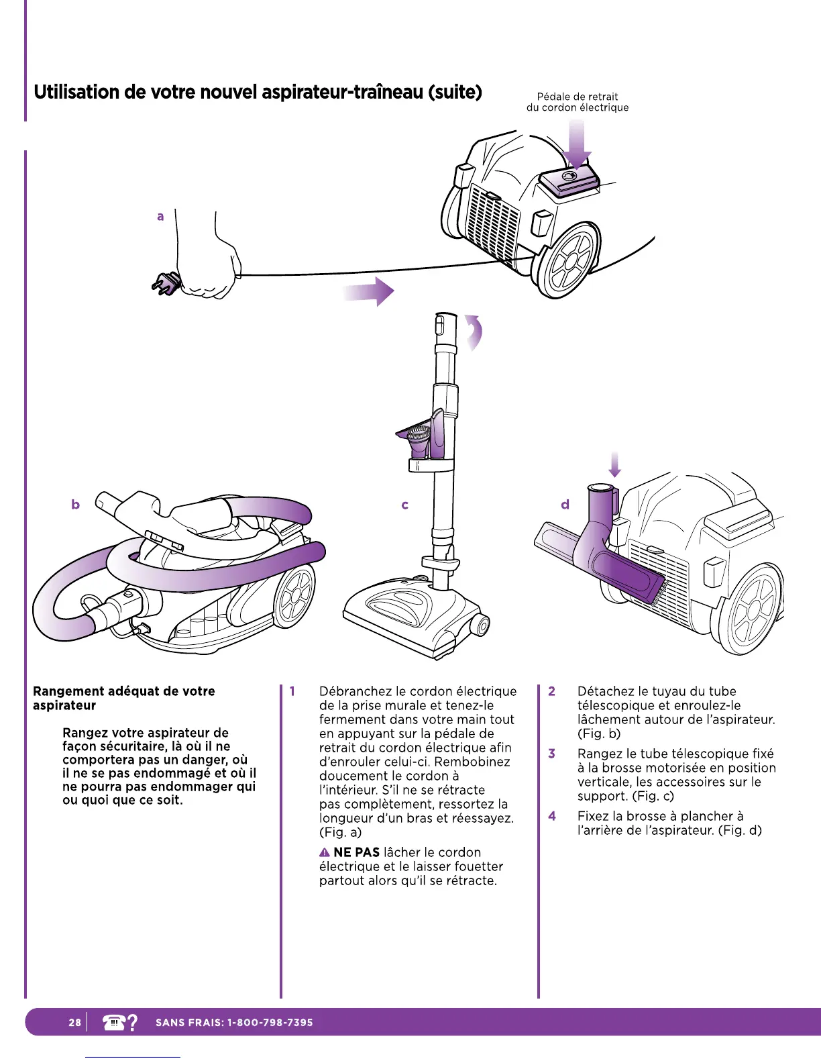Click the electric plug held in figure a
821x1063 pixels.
pyautogui.click(x=166, y=284)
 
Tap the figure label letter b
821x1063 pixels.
pyautogui.click(x=75, y=504)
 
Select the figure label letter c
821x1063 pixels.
pyautogui.click(x=404, y=505)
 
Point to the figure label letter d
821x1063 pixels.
pyautogui.click(x=565, y=504)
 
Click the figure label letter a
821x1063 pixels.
pyautogui.click(x=160, y=216)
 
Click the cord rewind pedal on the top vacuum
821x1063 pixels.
pyautogui.click(x=569, y=179)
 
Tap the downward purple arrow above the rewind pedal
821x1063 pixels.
pyautogui.click(x=576, y=143)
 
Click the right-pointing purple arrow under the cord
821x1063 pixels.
pyautogui.click(x=370, y=291)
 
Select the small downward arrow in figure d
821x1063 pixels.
pyautogui.click(x=614, y=463)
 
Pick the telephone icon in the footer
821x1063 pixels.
pyautogui.click(x=114, y=1022)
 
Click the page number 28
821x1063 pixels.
pyautogui.click(x=74, y=1023)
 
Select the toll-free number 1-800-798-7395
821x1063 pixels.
pyautogui.click(x=270, y=1023)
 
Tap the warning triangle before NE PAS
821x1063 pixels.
pyautogui.click(x=325, y=853)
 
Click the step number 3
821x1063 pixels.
pyautogui.click(x=551, y=754)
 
